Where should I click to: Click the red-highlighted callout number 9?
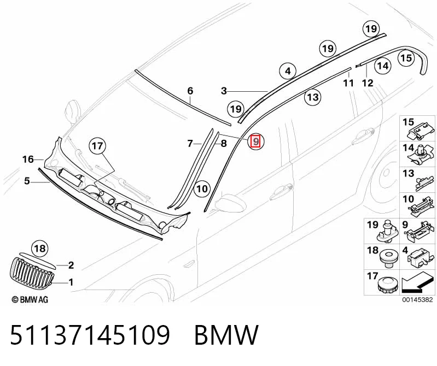[255, 141]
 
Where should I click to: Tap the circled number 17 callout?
[97, 145]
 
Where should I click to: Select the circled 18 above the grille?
[39, 248]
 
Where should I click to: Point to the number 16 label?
[28, 160]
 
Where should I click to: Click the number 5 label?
[27, 181]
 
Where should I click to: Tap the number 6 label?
[190, 91]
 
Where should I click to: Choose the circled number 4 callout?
[288, 71]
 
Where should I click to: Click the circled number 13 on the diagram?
[313, 97]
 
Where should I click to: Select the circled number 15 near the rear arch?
[406, 58]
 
